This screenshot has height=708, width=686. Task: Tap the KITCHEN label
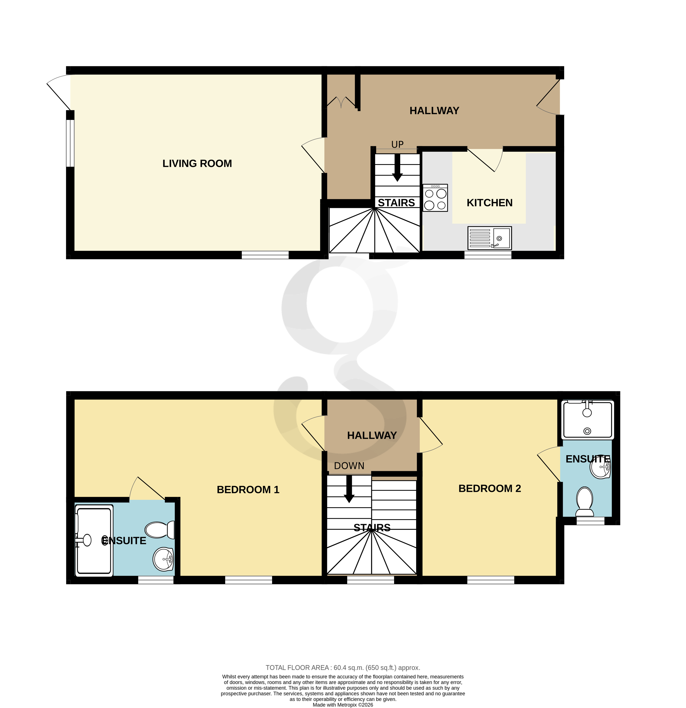[x=489, y=203]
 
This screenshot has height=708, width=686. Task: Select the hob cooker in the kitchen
[x=435, y=198]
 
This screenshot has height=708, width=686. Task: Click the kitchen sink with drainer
[x=489, y=238]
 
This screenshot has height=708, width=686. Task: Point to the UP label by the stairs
[x=397, y=144]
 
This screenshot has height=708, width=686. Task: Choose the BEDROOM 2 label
[x=489, y=489]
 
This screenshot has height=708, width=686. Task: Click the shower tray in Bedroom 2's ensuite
[x=587, y=420]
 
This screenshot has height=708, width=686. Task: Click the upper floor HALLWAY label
[x=372, y=436]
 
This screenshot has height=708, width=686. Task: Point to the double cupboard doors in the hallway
[x=341, y=102]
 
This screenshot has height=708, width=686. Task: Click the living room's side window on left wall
[x=70, y=143]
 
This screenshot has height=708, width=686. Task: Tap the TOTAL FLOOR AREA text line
[x=343, y=668]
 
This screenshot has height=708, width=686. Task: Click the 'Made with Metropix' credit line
[x=343, y=705]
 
